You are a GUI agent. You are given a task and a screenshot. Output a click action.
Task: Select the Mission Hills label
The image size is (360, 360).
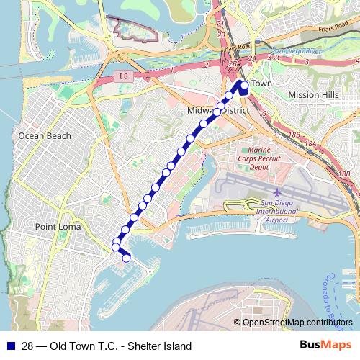click(312, 94)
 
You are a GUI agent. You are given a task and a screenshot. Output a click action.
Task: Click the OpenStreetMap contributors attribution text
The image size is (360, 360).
click(297, 323)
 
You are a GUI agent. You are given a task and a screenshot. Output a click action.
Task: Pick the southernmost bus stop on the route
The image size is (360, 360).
click(126, 258)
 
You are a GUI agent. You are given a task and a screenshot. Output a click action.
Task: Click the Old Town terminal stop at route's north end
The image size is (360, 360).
click(244, 86)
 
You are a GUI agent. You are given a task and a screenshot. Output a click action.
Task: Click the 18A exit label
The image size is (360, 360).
click(310, 145)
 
